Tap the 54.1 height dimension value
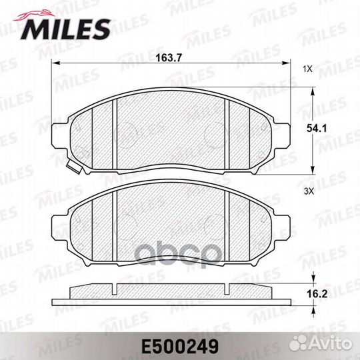(317, 129)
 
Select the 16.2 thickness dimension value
(317, 294)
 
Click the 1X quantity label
(307, 69)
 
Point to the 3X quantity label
(309, 191)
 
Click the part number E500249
(180, 347)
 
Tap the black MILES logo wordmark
(65, 29)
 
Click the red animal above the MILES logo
(35, 15)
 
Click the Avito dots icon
(298, 343)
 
